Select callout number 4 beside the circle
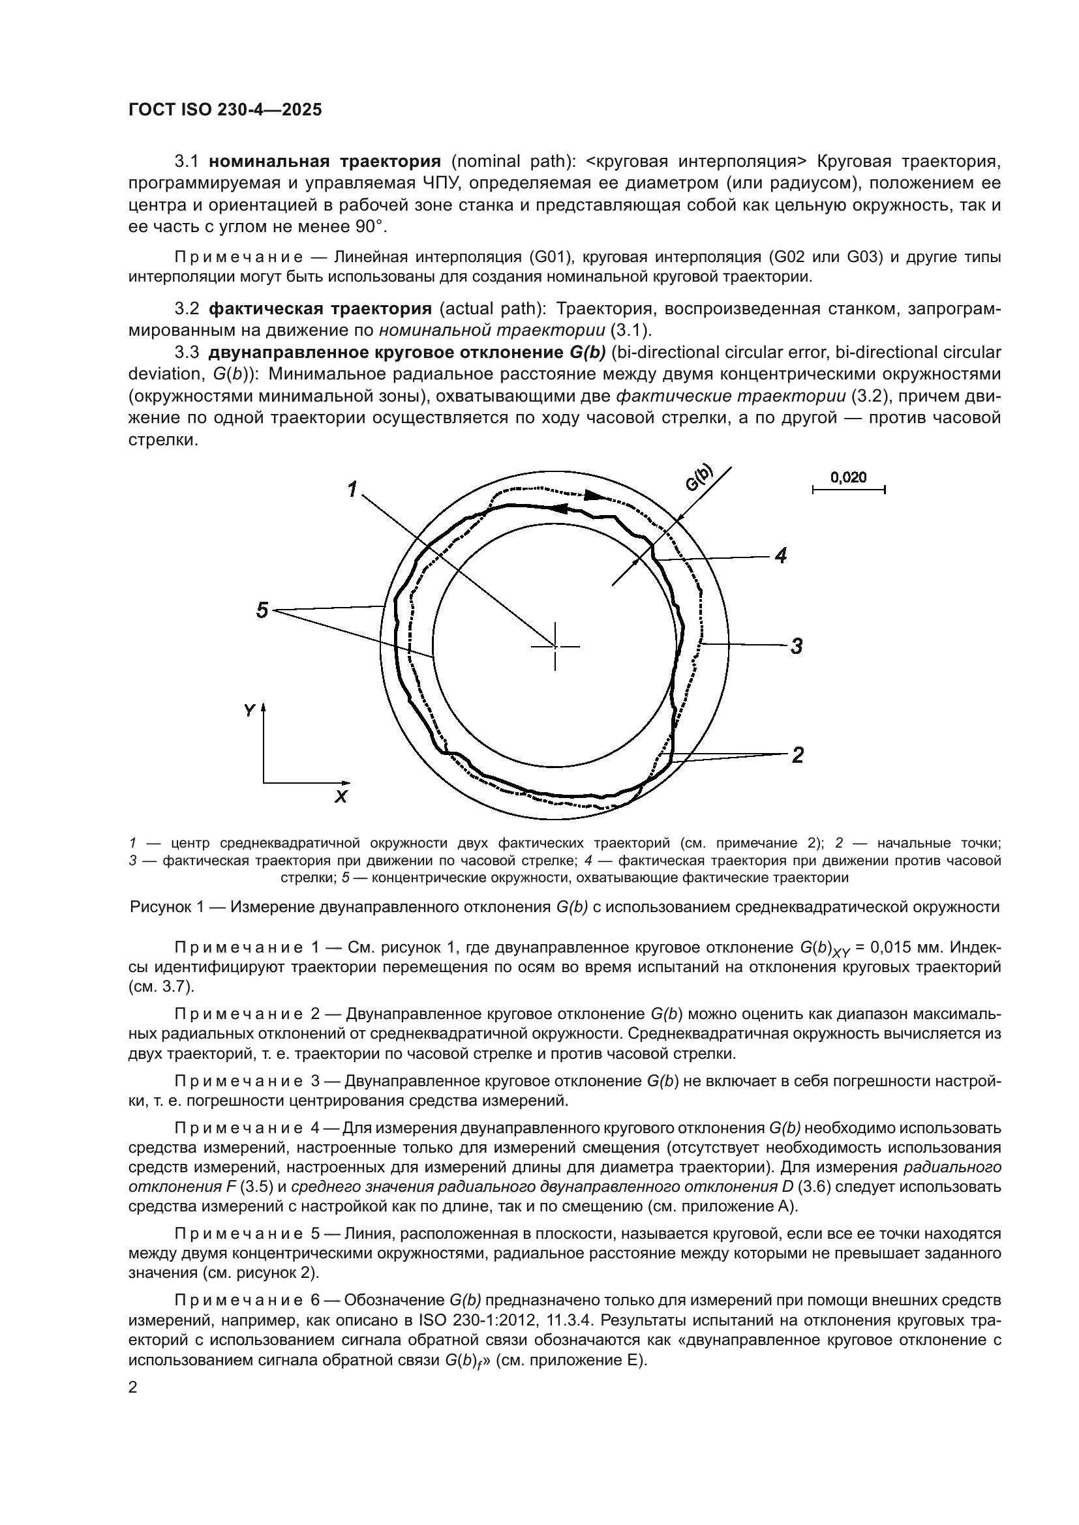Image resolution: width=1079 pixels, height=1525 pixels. (781, 556)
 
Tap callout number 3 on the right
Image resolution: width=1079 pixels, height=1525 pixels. (797, 645)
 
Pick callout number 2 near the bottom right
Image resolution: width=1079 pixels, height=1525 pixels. (797, 754)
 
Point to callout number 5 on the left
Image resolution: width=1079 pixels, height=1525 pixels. (262, 610)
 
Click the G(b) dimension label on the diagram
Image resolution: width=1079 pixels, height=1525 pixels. (699, 477)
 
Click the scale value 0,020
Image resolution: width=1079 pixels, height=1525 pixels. (849, 477)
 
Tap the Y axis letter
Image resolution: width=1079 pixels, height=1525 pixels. (249, 711)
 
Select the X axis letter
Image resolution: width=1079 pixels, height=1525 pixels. (341, 797)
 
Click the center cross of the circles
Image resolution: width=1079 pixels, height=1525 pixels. (555, 645)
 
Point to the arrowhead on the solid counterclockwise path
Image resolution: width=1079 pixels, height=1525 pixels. (560, 509)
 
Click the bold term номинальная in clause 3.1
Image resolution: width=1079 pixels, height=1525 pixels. (270, 162)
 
